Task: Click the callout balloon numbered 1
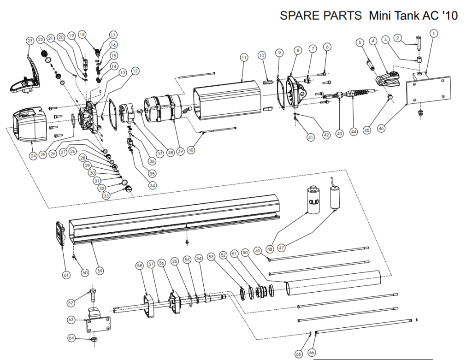pos(434,33)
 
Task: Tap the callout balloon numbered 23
pos(30,41)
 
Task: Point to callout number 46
pos(381,129)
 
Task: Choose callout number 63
pos(71,319)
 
